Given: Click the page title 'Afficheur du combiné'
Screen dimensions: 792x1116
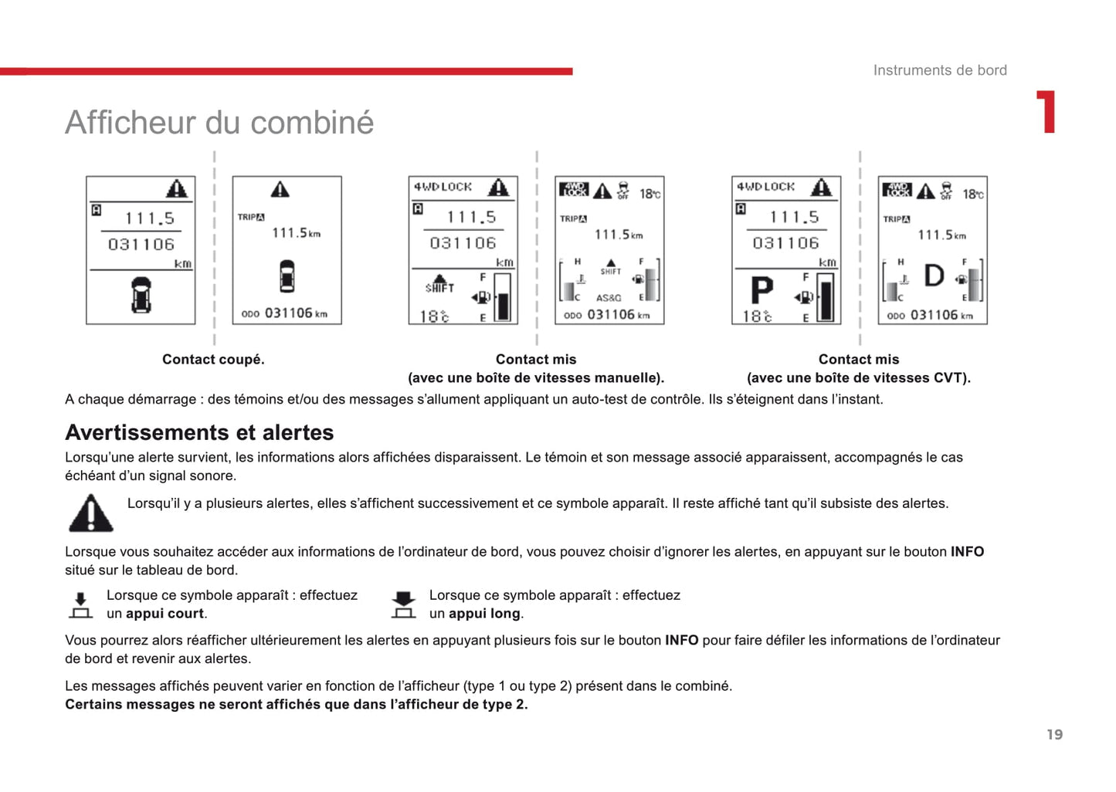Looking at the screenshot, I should coord(219,122).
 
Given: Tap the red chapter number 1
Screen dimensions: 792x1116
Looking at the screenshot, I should coord(1046,113).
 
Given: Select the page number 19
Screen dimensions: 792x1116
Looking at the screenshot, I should coord(1054,734).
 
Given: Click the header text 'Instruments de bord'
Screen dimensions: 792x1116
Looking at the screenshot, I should coord(939,70).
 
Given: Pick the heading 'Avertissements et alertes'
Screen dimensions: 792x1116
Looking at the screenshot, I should coord(199,432).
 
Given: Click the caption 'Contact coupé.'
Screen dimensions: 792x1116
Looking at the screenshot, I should coord(213,359).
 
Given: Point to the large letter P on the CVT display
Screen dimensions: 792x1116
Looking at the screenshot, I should coord(762,291).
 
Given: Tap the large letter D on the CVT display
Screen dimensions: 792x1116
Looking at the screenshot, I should coord(934,276).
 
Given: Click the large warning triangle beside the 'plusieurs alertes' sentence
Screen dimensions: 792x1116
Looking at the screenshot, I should coord(91,513).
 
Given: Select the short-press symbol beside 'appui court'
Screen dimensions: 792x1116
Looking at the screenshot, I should coord(80,604).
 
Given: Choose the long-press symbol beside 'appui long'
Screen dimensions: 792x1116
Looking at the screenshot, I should coord(403,604).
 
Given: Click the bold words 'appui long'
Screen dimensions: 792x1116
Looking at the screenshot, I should coord(484,614).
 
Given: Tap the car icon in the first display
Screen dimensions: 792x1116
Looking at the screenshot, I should coord(141,294).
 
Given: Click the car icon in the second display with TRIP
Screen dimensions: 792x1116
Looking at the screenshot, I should coord(287,276).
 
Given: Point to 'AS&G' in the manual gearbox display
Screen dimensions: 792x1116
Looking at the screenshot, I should coord(609,298).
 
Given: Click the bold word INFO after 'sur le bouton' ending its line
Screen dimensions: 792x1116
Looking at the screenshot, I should coord(967,552).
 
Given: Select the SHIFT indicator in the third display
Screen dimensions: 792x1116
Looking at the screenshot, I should coord(439,283).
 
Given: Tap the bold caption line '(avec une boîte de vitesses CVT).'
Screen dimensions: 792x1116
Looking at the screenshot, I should coord(858,377).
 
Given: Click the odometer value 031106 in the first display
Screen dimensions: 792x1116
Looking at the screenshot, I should coord(141,244).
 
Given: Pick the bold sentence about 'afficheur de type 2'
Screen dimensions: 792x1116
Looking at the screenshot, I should coord(296,704).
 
